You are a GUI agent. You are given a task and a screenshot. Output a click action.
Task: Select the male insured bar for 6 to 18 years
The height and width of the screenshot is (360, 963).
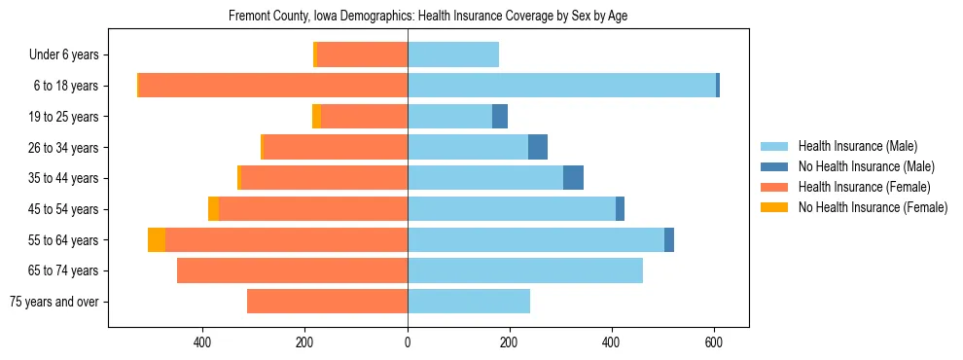561,86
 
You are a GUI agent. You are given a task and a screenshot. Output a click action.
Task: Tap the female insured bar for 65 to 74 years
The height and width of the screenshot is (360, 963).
292,270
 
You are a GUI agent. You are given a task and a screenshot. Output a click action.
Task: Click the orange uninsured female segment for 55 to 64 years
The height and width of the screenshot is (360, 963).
157,239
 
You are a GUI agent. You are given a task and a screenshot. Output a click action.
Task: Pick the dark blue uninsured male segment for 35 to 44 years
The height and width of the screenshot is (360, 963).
573,178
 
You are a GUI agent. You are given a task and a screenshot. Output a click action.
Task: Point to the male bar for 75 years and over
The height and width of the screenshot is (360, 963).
469,302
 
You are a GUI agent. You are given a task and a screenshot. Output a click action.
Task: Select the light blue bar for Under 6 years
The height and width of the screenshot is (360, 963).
453,54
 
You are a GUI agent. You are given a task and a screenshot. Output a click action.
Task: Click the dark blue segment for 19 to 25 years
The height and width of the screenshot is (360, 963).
500,117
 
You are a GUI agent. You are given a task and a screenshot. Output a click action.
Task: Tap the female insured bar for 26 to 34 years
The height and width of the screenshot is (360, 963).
336,147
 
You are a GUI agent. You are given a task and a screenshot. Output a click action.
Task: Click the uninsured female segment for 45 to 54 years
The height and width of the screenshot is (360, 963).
213,209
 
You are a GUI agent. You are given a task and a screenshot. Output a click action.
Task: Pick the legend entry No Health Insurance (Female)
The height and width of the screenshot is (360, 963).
872,207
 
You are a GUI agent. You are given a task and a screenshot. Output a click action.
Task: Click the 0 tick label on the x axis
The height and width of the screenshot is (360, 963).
408,342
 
